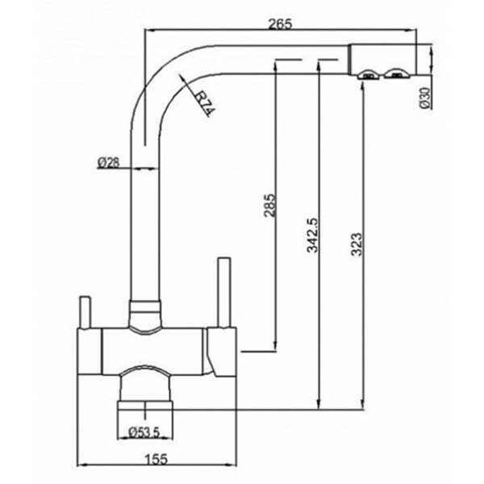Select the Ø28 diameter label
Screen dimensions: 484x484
coord(108,162)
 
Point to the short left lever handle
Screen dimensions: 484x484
coord(82,310)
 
